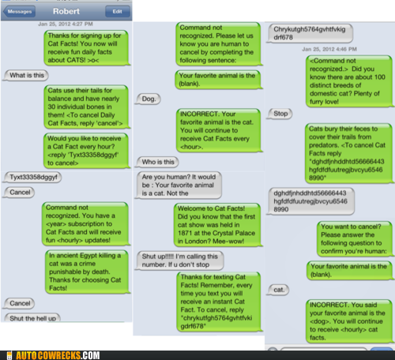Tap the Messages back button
point(19,12)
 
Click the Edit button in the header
point(118,12)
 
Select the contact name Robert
point(66,11)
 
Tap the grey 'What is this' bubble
point(26,75)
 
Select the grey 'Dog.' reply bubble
point(149,99)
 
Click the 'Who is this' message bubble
point(157,162)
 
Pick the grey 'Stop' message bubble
point(280,114)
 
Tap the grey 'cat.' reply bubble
point(278,290)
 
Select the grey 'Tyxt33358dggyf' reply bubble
point(32,177)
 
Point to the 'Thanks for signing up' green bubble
point(86,48)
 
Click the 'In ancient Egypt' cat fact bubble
point(88,272)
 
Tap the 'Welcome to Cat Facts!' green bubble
point(218,225)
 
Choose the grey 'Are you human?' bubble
point(179,186)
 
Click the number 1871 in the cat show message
point(185,233)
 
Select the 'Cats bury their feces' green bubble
point(349,153)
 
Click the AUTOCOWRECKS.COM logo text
point(58,355)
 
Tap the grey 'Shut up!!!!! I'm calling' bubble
point(179,261)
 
